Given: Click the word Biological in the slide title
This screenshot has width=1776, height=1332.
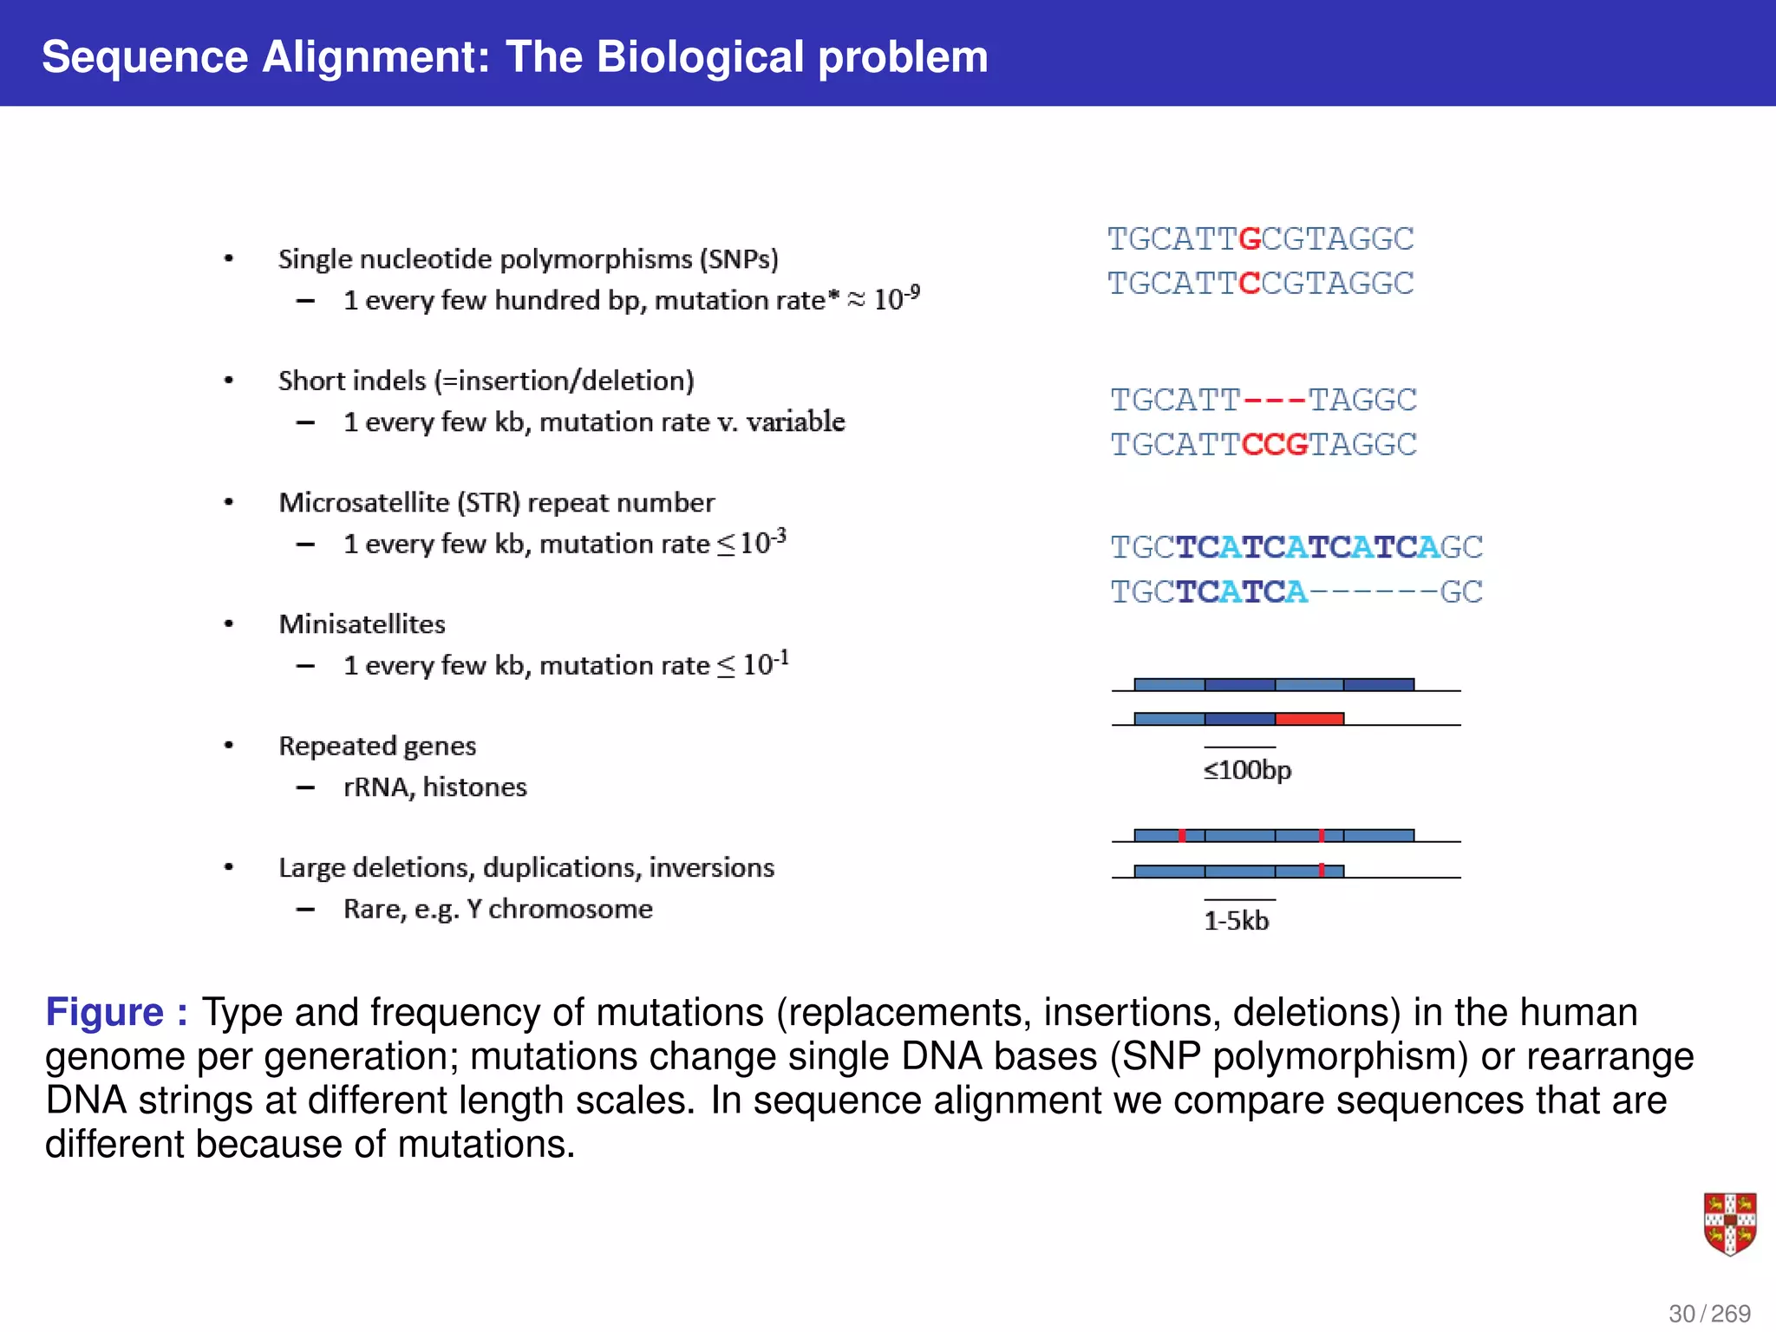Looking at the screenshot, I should (700, 57).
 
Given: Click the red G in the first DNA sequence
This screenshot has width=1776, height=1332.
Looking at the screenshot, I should (1250, 238).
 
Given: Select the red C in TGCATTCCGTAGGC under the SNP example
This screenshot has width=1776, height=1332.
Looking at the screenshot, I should (1250, 284).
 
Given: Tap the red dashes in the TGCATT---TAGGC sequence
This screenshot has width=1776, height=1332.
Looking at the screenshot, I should (1274, 400).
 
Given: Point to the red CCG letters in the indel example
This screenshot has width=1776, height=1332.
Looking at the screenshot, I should (1275, 445).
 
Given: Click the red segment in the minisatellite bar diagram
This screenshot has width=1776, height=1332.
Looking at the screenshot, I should (1309, 718).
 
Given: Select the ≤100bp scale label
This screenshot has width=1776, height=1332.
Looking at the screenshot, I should (1247, 770).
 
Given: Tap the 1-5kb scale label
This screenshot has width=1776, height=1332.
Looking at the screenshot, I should (1236, 921).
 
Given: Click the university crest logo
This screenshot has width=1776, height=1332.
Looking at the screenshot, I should (1729, 1224).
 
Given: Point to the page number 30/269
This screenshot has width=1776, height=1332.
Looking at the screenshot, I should (1709, 1313).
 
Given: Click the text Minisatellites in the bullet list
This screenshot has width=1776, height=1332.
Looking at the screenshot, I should (362, 624).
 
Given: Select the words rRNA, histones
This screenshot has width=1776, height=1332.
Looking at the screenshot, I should (434, 787).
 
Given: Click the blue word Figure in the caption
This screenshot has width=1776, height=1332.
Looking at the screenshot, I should (105, 1012).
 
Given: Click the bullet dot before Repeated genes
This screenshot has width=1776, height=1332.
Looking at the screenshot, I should (229, 745).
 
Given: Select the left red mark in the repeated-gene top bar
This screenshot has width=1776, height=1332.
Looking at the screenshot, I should (1182, 835).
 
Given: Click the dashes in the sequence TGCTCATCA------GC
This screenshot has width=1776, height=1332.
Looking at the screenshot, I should (1373, 592).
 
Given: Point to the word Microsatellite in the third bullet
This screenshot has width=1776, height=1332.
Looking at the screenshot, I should (364, 503).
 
